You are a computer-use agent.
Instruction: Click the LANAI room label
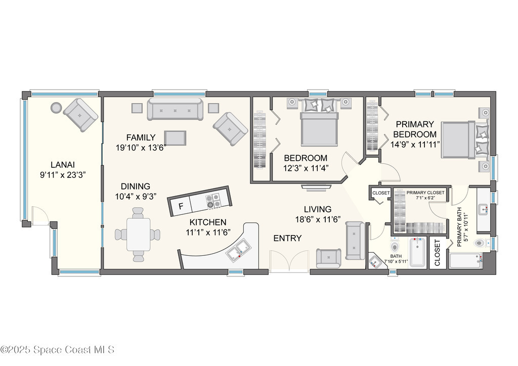(x=63, y=164)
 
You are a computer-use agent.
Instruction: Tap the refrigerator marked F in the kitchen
(x=181, y=206)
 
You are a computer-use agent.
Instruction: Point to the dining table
(x=138, y=234)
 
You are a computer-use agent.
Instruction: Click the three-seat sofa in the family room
(x=175, y=109)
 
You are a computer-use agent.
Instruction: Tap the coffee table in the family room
(x=175, y=138)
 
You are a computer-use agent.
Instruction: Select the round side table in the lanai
(x=56, y=107)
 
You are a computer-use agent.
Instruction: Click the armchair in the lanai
(x=80, y=115)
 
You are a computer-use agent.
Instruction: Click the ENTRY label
(x=287, y=238)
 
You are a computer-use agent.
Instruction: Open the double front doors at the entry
(x=289, y=261)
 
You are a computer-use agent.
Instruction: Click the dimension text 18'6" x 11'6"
(x=318, y=219)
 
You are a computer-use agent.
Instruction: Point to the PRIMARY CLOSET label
(x=425, y=193)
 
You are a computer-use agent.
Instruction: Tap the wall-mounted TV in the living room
(x=316, y=187)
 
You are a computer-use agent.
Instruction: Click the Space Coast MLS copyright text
(x=58, y=350)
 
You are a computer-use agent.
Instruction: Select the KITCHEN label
(x=208, y=222)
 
